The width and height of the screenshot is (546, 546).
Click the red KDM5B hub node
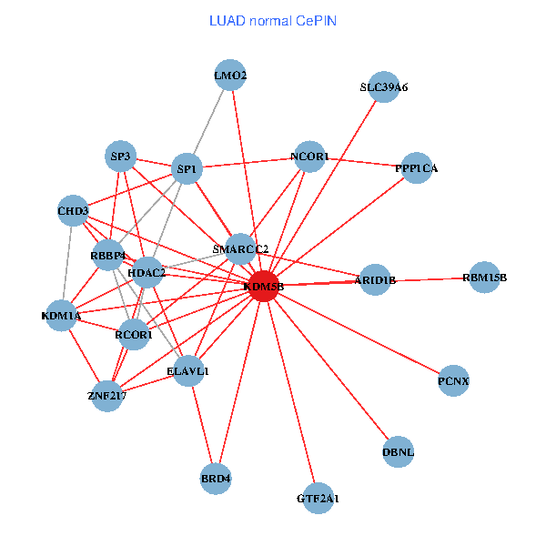click(263, 287)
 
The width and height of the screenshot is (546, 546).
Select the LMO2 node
click(231, 76)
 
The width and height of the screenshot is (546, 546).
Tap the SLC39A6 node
click(384, 88)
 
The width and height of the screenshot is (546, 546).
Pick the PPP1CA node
click(416, 168)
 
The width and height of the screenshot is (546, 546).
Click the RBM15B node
click(484, 278)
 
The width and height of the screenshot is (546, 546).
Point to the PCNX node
click(453, 380)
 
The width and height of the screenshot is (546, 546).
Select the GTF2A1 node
click(318, 499)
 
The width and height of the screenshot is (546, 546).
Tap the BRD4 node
click(216, 478)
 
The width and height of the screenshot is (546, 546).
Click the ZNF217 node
click(106, 396)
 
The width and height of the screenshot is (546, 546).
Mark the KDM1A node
click(61, 317)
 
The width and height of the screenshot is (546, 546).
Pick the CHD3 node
click(73, 212)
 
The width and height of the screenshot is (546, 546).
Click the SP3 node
click(121, 157)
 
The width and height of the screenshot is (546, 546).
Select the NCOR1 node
click(310, 157)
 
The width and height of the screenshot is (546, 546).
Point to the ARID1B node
click(375, 280)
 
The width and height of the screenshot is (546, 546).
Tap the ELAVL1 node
click(188, 371)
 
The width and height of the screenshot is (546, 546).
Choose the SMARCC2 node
click(240, 249)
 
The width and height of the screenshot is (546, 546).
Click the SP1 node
click(187, 169)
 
